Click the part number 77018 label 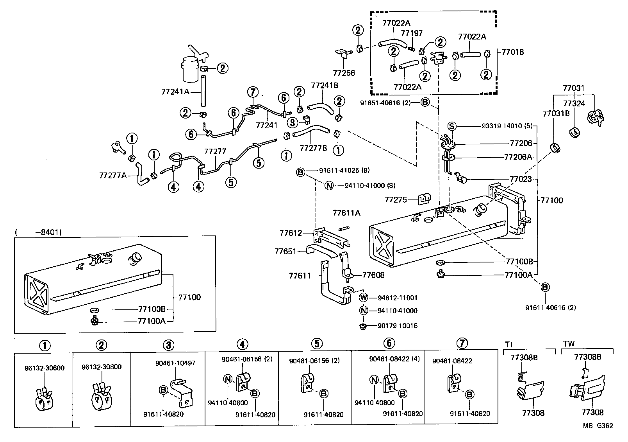click(x=512, y=52)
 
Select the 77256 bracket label click(x=344, y=73)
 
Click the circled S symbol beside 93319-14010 click(x=452, y=126)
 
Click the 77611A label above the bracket click(x=346, y=213)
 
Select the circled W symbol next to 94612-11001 click(x=364, y=298)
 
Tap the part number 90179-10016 click(x=398, y=325)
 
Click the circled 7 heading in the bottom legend click(x=462, y=343)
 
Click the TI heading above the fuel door click(x=509, y=344)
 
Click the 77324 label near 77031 click(x=574, y=103)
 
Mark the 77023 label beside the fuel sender click(x=521, y=179)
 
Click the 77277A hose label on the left click(x=112, y=175)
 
